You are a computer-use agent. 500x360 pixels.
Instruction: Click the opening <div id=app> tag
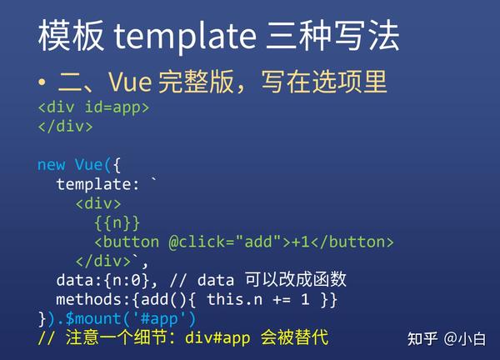click(x=93, y=107)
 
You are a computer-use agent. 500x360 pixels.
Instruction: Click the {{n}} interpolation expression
click(x=117, y=222)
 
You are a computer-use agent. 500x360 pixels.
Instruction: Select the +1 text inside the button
click(x=300, y=242)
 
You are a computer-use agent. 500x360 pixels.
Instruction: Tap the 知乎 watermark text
click(x=422, y=338)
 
